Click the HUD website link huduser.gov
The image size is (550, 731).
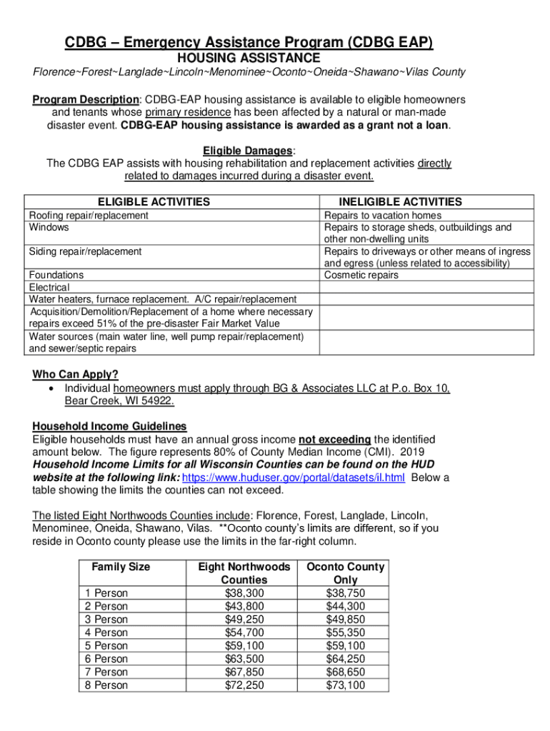(x=294, y=478)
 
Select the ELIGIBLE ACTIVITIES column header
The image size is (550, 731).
(x=154, y=202)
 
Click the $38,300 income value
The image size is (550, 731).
(x=244, y=593)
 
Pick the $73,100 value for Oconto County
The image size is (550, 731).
(x=345, y=685)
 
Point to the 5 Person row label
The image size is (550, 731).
(x=106, y=646)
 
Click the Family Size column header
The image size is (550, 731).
(x=121, y=567)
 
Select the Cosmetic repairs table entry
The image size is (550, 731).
(x=361, y=275)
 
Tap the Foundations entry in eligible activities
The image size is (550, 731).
(x=56, y=275)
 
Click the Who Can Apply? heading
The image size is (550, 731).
(x=75, y=375)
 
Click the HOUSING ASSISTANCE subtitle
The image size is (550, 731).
(x=249, y=57)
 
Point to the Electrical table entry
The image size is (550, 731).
(x=49, y=287)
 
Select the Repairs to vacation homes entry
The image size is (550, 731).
(x=383, y=215)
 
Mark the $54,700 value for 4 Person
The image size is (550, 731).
(x=244, y=632)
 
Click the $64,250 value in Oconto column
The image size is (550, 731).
(x=345, y=659)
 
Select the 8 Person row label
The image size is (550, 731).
(x=106, y=685)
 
